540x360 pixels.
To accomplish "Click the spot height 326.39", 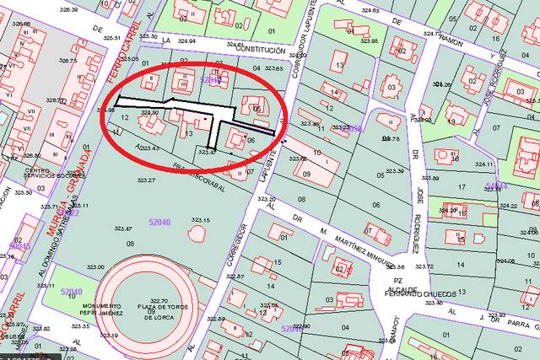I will coord(69,10).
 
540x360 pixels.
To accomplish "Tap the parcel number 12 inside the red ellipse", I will coord(125,118).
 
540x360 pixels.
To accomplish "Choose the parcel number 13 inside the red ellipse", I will coord(189,133).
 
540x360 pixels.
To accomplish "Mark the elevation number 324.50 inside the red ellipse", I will coord(150,112).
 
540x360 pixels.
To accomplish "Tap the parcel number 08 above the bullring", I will coord(130,244).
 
